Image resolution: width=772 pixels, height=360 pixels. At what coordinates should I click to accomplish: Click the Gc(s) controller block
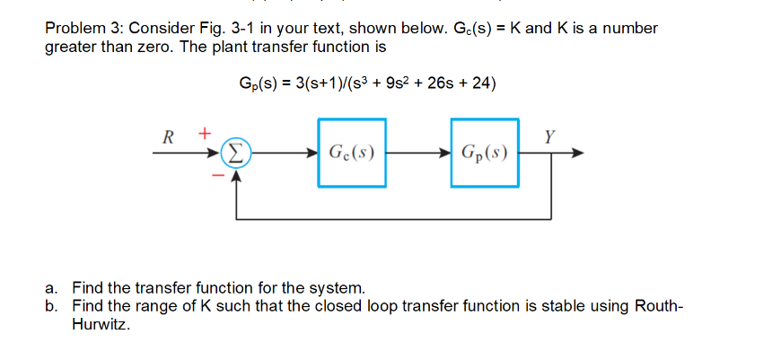[352, 153]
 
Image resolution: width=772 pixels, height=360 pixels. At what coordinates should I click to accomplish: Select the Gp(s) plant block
[485, 153]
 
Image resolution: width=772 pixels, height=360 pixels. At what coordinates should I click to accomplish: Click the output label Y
[549, 136]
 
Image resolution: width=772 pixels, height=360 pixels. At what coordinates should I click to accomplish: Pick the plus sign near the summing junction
[205, 132]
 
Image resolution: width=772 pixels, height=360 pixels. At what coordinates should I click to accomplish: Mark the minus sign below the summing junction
[215, 176]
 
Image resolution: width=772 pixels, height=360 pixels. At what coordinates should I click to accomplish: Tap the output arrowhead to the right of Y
[579, 154]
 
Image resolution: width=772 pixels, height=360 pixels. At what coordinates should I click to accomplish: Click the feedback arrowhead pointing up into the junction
[236, 174]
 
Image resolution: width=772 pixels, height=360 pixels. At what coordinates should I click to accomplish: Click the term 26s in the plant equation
[439, 83]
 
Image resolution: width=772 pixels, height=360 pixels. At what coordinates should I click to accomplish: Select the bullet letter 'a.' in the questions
[53, 288]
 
